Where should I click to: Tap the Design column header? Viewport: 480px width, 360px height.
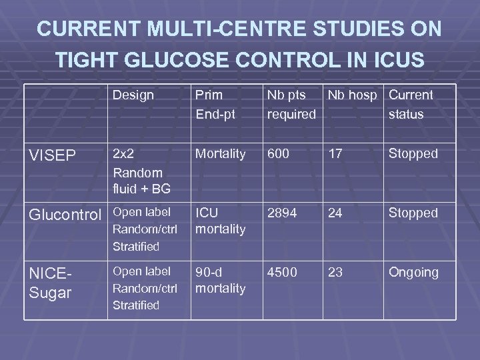tap(133, 95)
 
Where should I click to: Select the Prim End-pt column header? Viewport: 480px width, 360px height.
tap(214, 105)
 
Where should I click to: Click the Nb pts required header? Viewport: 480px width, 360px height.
tap(291, 105)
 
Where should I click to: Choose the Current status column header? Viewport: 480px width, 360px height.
tap(411, 105)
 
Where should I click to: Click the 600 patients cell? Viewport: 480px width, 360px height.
tap(279, 154)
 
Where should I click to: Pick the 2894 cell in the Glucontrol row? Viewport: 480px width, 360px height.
tap(283, 213)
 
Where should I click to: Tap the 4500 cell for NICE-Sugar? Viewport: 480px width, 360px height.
tap(283, 273)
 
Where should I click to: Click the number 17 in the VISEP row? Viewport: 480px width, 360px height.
tap(335, 154)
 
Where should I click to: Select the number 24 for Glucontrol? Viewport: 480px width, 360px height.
tap(336, 213)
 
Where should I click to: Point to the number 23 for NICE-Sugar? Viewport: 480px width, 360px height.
tap(336, 273)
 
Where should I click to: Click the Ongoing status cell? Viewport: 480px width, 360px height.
tap(413, 273)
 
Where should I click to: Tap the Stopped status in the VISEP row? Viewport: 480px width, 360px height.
tap(413, 154)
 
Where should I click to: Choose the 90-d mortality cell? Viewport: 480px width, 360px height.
tap(220, 281)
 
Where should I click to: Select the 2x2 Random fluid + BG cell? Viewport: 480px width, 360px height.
tap(141, 171)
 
